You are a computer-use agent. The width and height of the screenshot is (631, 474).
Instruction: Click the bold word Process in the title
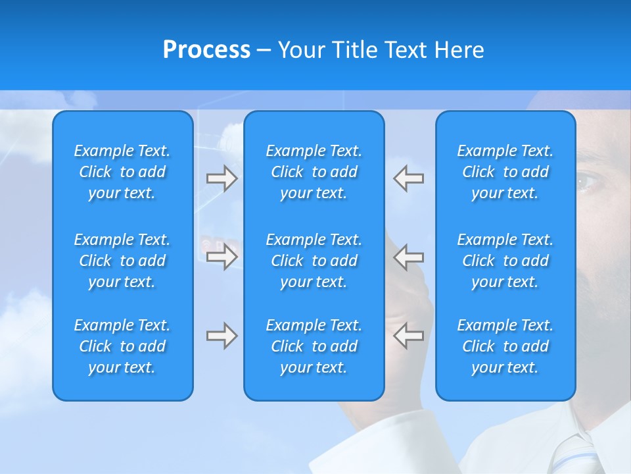(206, 50)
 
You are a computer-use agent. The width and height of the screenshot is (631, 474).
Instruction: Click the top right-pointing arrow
(222, 178)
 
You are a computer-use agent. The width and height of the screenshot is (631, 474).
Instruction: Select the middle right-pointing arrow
(222, 256)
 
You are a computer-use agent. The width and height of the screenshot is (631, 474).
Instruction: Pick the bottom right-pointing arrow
(222, 336)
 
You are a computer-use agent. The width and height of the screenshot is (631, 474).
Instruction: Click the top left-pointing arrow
(408, 178)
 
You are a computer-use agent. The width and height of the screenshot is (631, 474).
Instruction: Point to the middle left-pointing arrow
(408, 256)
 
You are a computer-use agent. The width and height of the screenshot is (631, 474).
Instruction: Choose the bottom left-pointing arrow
(408, 336)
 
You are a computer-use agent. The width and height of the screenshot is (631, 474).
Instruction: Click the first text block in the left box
(122, 172)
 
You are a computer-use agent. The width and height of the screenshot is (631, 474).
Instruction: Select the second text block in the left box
(122, 261)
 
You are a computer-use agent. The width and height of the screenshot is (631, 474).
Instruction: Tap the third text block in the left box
(122, 346)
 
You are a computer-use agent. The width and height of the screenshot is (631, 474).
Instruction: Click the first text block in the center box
(314, 172)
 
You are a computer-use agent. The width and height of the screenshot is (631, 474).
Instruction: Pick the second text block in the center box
(314, 261)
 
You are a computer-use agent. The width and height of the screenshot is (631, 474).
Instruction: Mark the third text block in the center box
(314, 346)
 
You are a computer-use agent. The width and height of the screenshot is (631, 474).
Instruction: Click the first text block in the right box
(505, 172)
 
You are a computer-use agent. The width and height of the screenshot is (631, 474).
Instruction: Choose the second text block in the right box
(505, 261)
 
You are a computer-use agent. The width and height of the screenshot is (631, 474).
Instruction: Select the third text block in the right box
(505, 346)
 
